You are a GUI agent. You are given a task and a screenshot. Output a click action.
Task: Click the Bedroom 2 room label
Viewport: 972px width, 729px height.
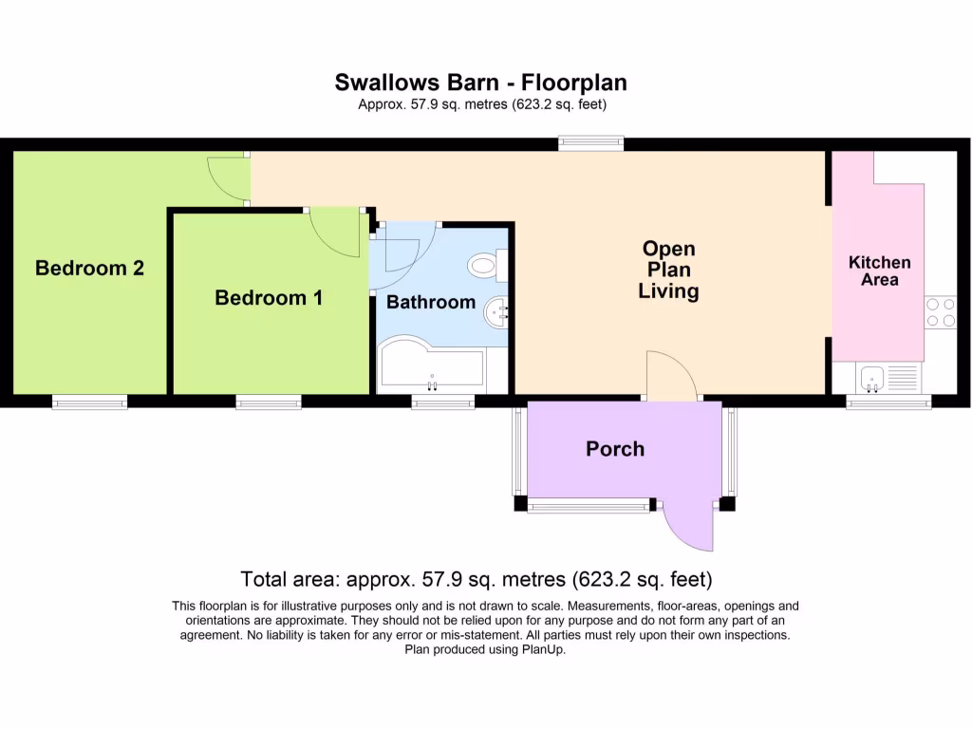pos(89,269)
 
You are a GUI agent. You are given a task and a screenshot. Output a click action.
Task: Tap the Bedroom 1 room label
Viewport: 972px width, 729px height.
pos(269,298)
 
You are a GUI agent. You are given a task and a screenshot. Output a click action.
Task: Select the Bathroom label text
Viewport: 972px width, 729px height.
pos(430,303)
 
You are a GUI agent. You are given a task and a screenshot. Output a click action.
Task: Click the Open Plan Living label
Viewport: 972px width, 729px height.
pos(668,270)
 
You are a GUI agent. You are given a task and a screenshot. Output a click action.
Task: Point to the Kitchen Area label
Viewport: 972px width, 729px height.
pos(879,271)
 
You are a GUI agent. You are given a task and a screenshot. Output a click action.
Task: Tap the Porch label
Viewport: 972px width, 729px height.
pos(615,449)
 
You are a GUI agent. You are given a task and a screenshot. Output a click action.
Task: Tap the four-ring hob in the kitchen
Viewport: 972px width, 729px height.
pos(941,312)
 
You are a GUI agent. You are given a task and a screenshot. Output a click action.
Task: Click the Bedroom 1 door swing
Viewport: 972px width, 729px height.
pos(334,231)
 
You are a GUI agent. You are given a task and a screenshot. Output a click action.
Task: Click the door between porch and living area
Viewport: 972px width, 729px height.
pos(672,377)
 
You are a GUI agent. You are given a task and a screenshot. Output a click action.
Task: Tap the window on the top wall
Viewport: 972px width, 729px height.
pos(590,143)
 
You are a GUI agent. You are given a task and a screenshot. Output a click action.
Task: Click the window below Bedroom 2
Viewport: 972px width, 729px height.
pos(89,402)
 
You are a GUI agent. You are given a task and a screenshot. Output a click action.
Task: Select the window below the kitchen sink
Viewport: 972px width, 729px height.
pos(888,402)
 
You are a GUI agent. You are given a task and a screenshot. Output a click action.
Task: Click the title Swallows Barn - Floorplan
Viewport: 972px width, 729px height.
pos(480,83)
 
